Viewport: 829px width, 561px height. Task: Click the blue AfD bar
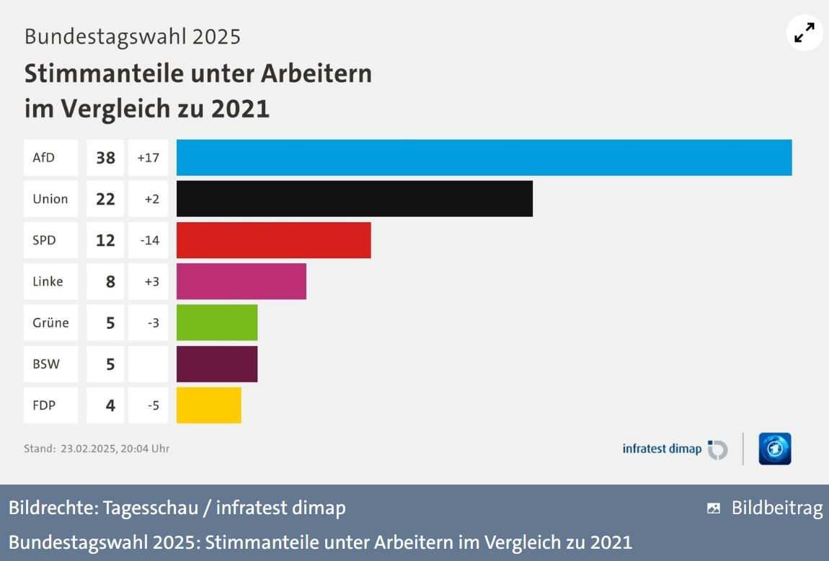[x=484, y=158]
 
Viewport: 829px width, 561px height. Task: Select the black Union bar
[x=354, y=199]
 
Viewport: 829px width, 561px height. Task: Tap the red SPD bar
[x=273, y=240]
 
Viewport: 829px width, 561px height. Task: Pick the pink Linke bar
[x=241, y=281]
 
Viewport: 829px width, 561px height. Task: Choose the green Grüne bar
[x=216, y=322]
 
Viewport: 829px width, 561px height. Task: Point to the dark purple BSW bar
[x=216, y=363]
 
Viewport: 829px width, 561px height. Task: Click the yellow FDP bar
[x=208, y=405]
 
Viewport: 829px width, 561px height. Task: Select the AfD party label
[x=44, y=158]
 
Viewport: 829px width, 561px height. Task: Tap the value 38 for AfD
[x=105, y=158]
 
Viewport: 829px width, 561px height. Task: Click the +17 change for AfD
[x=148, y=158]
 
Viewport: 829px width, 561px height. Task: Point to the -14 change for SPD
[x=149, y=240]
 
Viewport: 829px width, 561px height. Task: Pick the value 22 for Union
[x=105, y=199]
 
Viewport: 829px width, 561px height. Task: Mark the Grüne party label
[x=50, y=322]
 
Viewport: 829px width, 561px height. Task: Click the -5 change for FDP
[x=153, y=405]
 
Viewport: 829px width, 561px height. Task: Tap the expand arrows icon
[x=804, y=32]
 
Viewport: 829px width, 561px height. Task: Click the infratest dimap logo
[x=675, y=449]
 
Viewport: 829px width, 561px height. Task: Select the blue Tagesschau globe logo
[x=774, y=449]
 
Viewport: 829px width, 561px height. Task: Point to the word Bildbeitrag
[x=776, y=508]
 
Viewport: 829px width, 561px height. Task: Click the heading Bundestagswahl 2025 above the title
[x=133, y=36]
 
